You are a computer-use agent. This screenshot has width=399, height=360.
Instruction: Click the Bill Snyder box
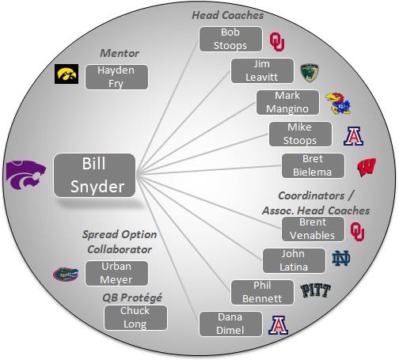point(94,175)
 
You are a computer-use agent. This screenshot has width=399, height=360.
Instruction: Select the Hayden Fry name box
point(116,77)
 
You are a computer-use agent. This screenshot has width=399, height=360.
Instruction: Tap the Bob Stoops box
point(230,39)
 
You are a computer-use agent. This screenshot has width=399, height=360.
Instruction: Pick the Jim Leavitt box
point(262,70)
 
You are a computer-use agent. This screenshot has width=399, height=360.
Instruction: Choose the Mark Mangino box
point(287,102)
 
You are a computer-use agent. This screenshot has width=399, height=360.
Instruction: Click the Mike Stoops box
point(300,134)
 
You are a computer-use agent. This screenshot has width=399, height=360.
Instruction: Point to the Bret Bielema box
point(313,165)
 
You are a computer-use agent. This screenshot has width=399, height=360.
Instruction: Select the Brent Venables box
point(313,229)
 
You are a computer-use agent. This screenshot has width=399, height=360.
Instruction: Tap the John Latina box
point(294,260)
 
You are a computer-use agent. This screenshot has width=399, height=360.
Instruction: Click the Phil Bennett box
point(262,292)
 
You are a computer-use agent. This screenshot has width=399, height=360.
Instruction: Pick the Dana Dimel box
point(230,324)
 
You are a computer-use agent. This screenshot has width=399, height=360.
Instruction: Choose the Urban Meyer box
point(116,273)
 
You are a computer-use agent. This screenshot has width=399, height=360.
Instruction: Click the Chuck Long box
point(135,317)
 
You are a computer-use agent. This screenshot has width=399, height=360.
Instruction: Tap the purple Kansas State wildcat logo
point(26,175)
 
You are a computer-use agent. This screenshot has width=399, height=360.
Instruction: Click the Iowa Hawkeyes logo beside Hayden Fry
point(66,74)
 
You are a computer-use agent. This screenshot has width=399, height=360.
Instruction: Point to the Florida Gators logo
point(66,275)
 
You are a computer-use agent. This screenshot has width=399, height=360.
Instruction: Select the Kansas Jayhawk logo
point(338,104)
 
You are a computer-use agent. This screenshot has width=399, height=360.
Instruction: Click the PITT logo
point(316,290)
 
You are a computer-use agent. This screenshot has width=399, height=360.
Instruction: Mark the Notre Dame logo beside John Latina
point(341,258)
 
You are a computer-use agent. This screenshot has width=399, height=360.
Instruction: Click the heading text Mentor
point(120,53)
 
